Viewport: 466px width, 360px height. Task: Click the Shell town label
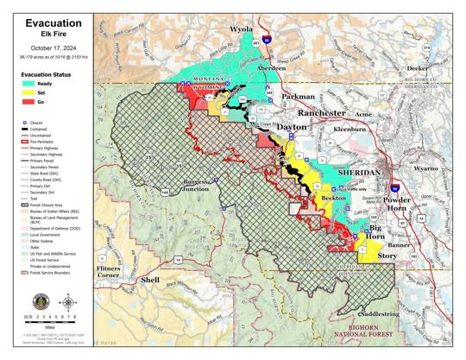point(150,281)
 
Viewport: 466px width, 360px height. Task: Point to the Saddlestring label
point(379,315)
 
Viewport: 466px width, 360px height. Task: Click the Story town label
point(387,256)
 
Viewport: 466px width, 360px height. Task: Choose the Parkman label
point(298,97)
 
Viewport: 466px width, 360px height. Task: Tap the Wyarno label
point(425,169)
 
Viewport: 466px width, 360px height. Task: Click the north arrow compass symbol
point(67,302)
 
